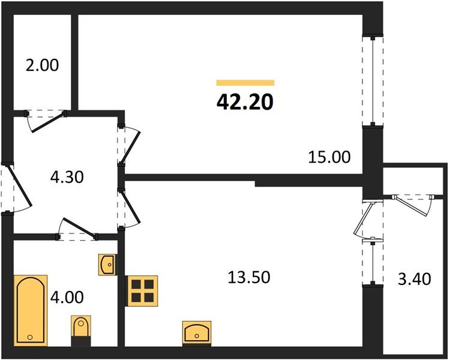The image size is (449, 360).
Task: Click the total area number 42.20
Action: point(245,102)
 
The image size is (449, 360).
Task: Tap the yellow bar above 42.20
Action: point(245,83)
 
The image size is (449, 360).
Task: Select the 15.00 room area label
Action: point(328,157)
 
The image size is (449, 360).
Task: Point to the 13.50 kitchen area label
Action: point(248,277)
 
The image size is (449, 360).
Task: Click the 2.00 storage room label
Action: point(42,65)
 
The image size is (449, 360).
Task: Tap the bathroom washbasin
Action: point(107,264)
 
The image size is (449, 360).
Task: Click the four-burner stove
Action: point(142,290)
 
